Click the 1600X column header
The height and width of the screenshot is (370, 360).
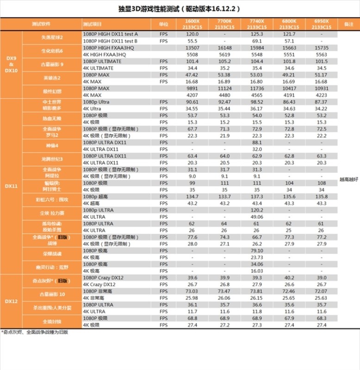(192, 24)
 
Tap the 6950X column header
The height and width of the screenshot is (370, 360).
(321, 24)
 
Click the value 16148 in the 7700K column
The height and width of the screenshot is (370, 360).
(224, 48)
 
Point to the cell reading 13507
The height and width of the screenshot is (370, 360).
(192, 48)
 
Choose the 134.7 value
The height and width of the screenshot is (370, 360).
(192, 197)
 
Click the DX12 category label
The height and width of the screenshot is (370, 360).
(12, 301)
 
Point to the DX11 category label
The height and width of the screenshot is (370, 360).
(12, 186)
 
